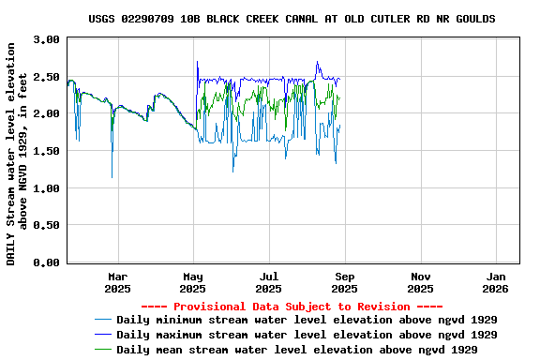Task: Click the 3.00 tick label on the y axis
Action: tap(45, 40)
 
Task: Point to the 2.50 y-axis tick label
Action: tap(45, 77)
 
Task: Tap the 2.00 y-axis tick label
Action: tap(45, 114)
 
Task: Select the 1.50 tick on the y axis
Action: tap(45, 151)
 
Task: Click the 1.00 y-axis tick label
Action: tap(45, 188)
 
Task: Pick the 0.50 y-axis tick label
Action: tap(45, 226)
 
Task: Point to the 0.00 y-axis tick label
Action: tap(45, 262)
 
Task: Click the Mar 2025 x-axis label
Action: tap(117, 283)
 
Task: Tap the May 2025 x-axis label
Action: tap(193, 283)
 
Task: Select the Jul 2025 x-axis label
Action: tap(269, 283)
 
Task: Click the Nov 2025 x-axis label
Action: tap(422, 283)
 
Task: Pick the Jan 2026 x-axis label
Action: tap(498, 283)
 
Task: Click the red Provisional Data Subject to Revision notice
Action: tap(292, 307)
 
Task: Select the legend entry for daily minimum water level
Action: tap(307, 321)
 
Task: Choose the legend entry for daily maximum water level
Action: tap(307, 335)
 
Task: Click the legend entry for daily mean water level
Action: tap(297, 349)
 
